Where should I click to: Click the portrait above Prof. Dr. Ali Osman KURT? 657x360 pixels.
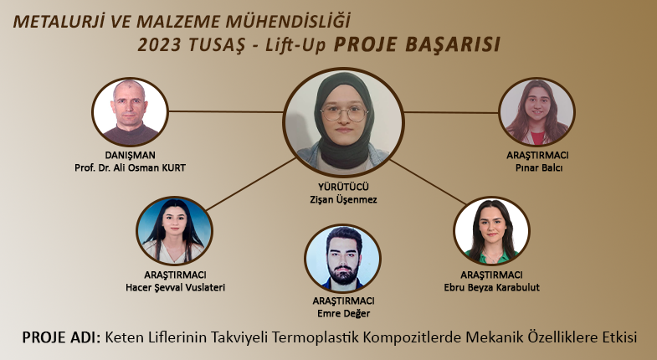point(130,112)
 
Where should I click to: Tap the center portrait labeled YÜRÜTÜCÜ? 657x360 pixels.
point(344,121)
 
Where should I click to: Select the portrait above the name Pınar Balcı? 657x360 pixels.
point(536,112)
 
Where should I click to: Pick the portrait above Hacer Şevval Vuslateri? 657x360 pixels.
point(174,231)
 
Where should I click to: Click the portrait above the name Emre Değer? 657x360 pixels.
point(343,258)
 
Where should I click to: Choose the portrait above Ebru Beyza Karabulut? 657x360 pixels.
point(491,231)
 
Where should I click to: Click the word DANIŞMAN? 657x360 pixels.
point(130,155)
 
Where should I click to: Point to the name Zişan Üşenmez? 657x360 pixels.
point(344,199)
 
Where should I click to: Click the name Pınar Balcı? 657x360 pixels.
point(539,167)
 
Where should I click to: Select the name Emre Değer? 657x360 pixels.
point(344,313)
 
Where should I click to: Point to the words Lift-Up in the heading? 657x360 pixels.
point(295,46)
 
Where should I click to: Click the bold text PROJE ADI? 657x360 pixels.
point(62,337)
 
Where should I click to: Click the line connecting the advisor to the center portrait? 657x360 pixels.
point(226,111)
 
